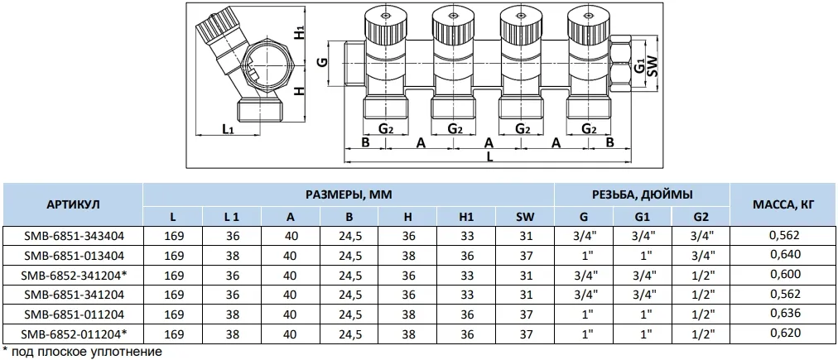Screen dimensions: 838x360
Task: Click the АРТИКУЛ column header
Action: [73, 205]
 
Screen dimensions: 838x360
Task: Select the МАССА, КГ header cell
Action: [783, 204]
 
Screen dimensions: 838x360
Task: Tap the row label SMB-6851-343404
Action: [73, 235]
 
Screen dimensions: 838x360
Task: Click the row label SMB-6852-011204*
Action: [74, 334]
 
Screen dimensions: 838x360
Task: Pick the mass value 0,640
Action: [784, 255]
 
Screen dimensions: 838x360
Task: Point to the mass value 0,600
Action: [784, 275]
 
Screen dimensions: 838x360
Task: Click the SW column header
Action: [525, 216]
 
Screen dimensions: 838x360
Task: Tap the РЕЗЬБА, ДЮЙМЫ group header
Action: [642, 195]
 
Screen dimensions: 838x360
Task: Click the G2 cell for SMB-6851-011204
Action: [700, 314]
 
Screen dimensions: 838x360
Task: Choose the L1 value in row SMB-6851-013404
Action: [232, 256]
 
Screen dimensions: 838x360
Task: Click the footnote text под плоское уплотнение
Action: [86, 352]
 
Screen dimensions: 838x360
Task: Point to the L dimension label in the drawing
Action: [489, 157]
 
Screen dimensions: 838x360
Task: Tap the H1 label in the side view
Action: [300, 32]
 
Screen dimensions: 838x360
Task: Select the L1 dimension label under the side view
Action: [228, 129]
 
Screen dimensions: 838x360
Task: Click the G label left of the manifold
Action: [322, 63]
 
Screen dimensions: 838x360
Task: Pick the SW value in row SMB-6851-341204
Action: [526, 295]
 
